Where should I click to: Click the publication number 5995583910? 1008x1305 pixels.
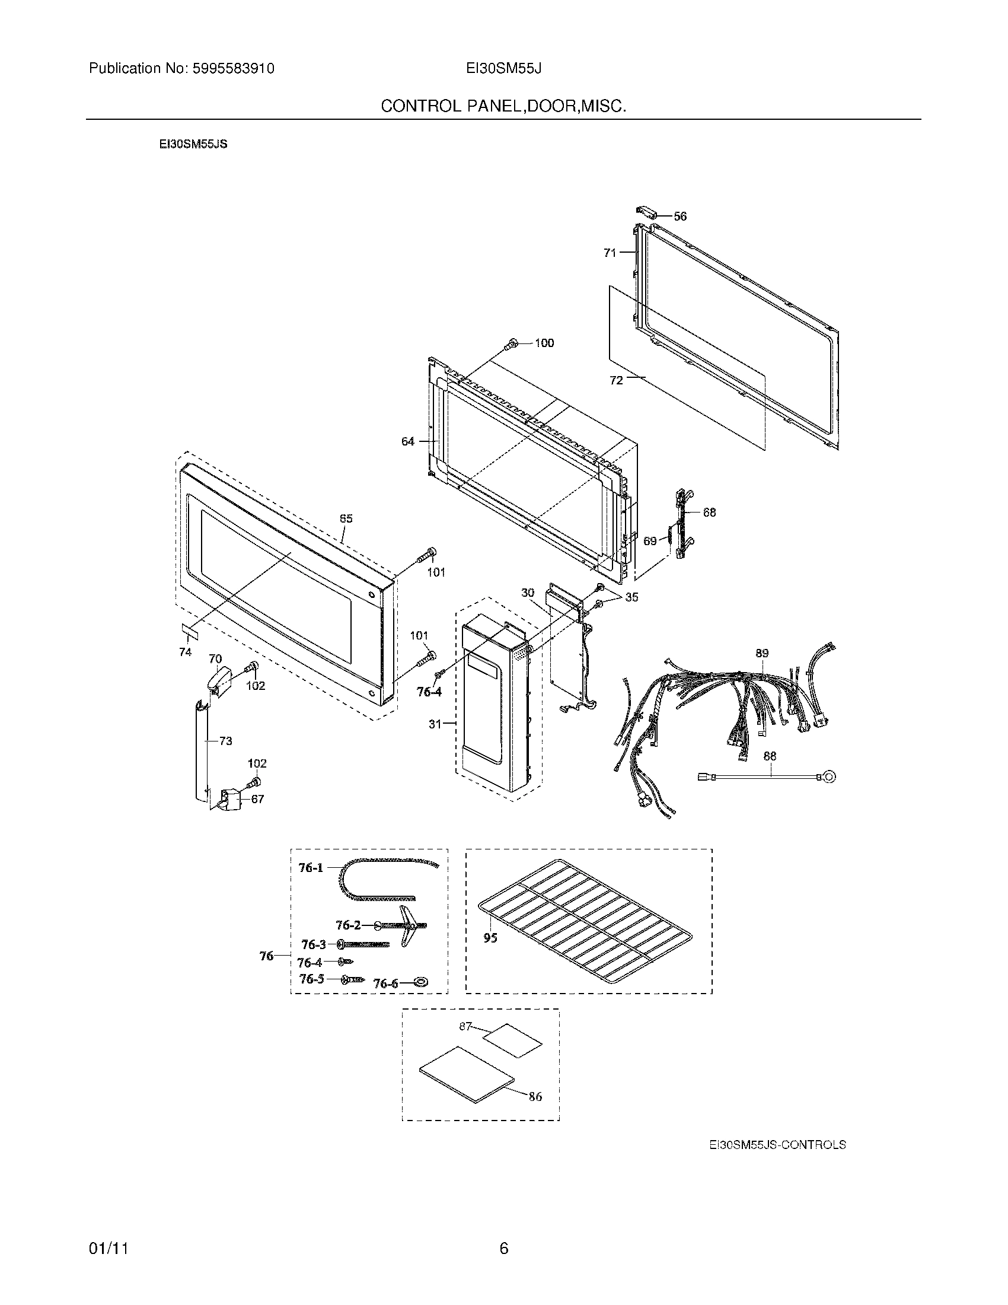pos(234,69)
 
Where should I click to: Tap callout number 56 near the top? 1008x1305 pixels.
pos(680,217)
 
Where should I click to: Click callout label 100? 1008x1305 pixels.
pos(544,343)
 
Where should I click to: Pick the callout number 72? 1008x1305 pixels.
pos(616,380)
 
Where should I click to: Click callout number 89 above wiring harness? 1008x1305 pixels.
pos(762,653)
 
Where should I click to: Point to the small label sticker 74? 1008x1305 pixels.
pos(189,630)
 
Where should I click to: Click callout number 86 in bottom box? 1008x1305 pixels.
pos(535,1096)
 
